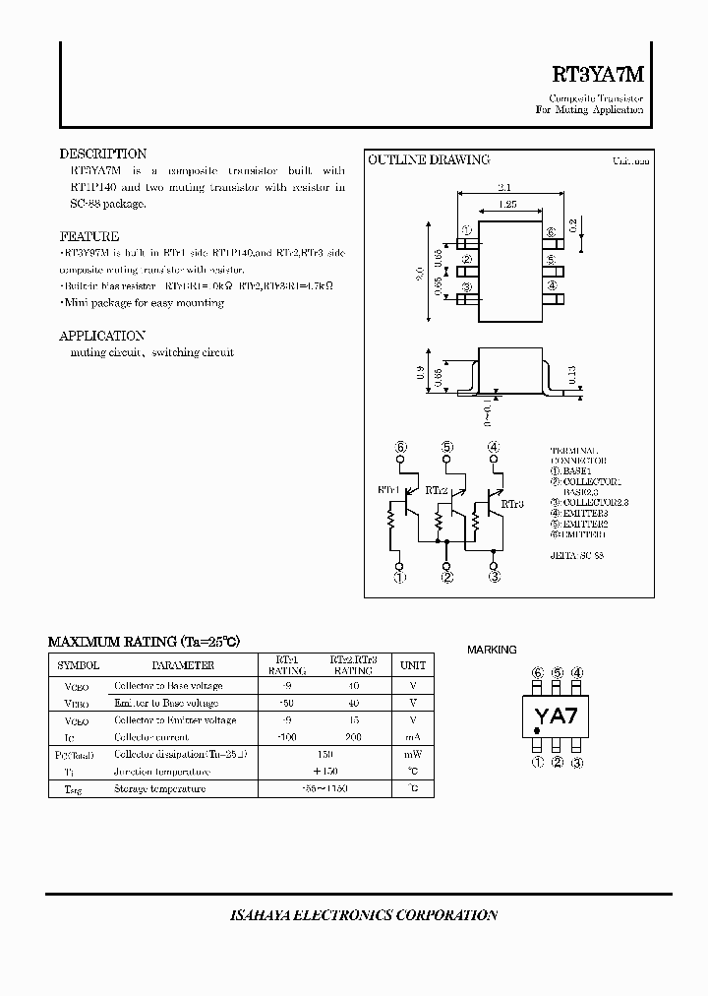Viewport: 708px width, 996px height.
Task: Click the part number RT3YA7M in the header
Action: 597,75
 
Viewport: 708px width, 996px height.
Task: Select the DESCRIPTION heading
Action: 103,154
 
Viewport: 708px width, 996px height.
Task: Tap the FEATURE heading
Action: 89,236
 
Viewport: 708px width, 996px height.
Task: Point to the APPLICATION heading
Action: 102,336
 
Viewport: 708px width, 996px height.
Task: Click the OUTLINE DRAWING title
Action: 429,159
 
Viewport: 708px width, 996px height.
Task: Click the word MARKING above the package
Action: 492,650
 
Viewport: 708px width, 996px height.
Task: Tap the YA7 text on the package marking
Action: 556,716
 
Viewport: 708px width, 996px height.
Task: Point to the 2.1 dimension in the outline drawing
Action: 505,186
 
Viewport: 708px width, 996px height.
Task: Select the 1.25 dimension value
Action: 507,204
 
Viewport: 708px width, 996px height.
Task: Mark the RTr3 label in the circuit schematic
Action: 512,503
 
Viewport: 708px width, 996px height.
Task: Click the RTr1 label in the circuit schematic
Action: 388,488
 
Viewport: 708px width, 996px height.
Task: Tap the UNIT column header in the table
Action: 413,665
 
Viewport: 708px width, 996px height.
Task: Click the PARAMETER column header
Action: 182,665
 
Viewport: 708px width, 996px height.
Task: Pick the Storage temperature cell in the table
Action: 160,789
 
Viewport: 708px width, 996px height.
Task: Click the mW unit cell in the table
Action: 413,755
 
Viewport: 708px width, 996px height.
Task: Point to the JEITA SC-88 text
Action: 577,555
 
